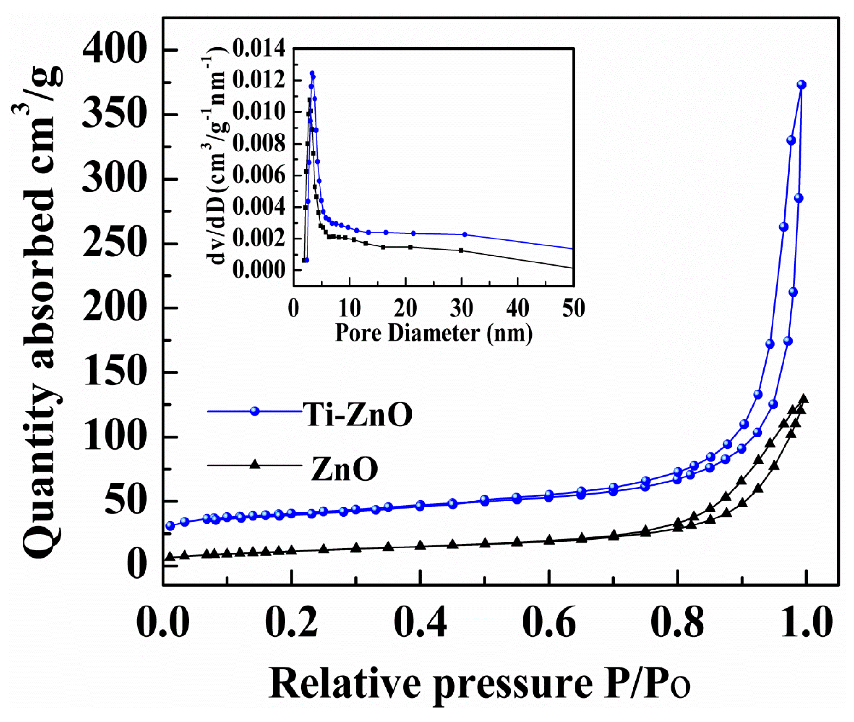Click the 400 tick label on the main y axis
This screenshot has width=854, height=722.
pyautogui.click(x=115, y=49)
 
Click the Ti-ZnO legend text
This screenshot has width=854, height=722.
pyautogui.click(x=358, y=414)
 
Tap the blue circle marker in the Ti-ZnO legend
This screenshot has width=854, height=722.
pyautogui.click(x=255, y=411)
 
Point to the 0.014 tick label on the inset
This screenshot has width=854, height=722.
pyautogui.click(x=259, y=48)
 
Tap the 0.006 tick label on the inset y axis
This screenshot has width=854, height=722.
pyautogui.click(x=259, y=175)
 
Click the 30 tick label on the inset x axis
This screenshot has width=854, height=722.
pyautogui.click(x=461, y=308)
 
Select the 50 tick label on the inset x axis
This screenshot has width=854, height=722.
pyautogui.click(x=573, y=308)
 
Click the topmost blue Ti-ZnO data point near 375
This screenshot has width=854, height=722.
pyautogui.click(x=801, y=85)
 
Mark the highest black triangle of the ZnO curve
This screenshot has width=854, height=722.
pyautogui.click(x=804, y=399)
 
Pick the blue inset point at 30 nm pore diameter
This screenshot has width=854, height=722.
pyautogui.click(x=465, y=234)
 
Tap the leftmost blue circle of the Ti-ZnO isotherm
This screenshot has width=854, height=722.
pyautogui.click(x=170, y=526)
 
